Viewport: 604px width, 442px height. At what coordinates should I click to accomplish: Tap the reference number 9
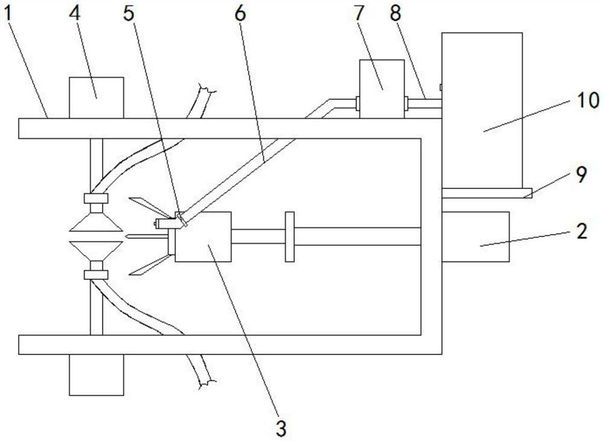click(580, 175)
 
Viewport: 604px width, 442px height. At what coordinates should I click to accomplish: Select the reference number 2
click(581, 232)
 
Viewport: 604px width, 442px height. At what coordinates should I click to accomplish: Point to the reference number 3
click(280, 429)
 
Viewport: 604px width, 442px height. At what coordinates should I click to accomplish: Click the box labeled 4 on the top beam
click(97, 97)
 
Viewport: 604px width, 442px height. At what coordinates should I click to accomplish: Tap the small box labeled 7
click(381, 89)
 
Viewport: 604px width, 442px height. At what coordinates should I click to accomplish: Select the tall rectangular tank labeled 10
click(482, 109)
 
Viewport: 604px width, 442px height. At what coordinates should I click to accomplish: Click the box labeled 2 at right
click(475, 236)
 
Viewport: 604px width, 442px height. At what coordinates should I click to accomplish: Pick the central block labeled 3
click(203, 237)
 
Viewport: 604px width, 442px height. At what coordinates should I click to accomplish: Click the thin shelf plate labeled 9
click(486, 193)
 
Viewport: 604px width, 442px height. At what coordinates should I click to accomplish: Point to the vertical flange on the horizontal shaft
click(289, 237)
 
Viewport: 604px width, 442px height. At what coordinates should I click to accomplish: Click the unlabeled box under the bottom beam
click(97, 374)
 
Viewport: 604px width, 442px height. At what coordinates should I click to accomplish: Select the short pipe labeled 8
click(423, 104)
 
